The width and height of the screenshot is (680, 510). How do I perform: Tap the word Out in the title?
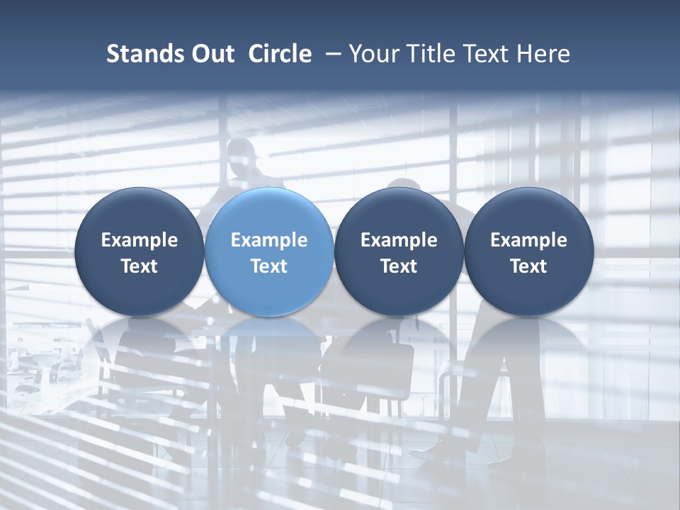point(210,54)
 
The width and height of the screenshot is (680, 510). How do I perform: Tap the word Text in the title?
point(486,54)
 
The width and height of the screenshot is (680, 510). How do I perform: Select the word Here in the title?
point(543,54)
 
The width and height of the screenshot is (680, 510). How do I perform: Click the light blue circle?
point(269,251)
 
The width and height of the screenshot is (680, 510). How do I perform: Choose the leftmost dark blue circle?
point(140,251)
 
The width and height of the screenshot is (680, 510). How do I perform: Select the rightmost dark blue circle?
point(529,251)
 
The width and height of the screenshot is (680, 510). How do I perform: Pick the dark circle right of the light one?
point(399,251)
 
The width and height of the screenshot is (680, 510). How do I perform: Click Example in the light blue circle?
point(269,240)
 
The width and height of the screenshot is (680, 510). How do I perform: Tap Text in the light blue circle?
point(269,266)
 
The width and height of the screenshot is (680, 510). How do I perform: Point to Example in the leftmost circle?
point(140,240)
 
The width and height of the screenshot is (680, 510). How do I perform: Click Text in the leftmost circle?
point(140,266)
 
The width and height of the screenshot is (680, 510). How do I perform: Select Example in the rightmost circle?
point(529,240)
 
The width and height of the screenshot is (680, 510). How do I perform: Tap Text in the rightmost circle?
point(529,266)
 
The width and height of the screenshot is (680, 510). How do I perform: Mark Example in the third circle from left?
point(399,240)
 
